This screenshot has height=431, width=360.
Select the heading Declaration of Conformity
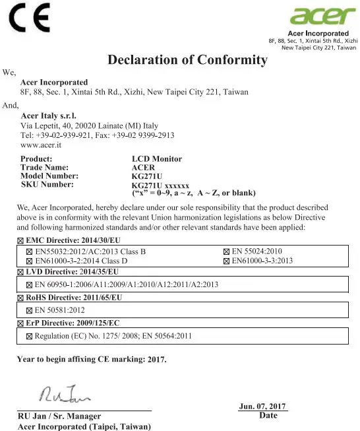(x=187, y=60)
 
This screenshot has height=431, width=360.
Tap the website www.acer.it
(x=41, y=144)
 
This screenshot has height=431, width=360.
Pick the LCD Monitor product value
(x=157, y=159)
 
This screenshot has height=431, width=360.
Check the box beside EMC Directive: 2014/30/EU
(x=20, y=238)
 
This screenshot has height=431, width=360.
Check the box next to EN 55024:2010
(x=228, y=251)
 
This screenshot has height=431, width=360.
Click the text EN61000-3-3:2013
(x=262, y=261)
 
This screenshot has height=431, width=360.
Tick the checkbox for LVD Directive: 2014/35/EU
(x=20, y=271)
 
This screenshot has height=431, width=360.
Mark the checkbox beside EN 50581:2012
(x=29, y=310)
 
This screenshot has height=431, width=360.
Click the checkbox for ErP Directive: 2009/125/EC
(x=20, y=323)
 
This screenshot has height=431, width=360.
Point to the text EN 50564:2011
(x=167, y=336)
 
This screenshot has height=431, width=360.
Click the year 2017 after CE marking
(x=157, y=360)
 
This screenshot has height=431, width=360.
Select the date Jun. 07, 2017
(x=262, y=406)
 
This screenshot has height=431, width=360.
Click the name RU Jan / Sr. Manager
(x=59, y=416)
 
